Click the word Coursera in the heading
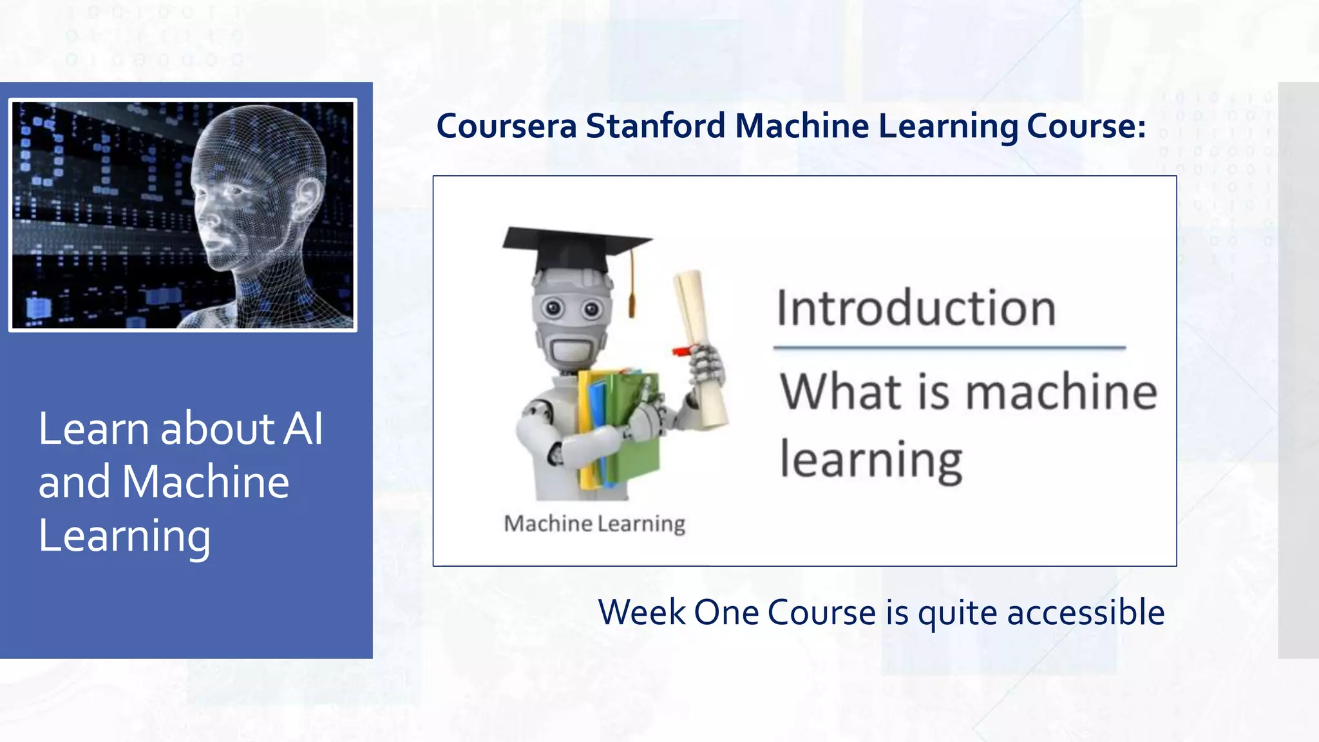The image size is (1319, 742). [506, 126]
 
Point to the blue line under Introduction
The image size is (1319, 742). [949, 348]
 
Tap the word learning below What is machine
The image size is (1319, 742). [871, 460]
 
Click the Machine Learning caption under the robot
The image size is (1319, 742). [594, 524]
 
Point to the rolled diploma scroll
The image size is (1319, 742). [702, 348]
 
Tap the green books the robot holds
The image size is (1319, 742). [634, 425]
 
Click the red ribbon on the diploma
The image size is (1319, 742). [681, 351]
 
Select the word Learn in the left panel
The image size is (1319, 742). [93, 429]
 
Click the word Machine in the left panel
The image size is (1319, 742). [205, 482]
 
